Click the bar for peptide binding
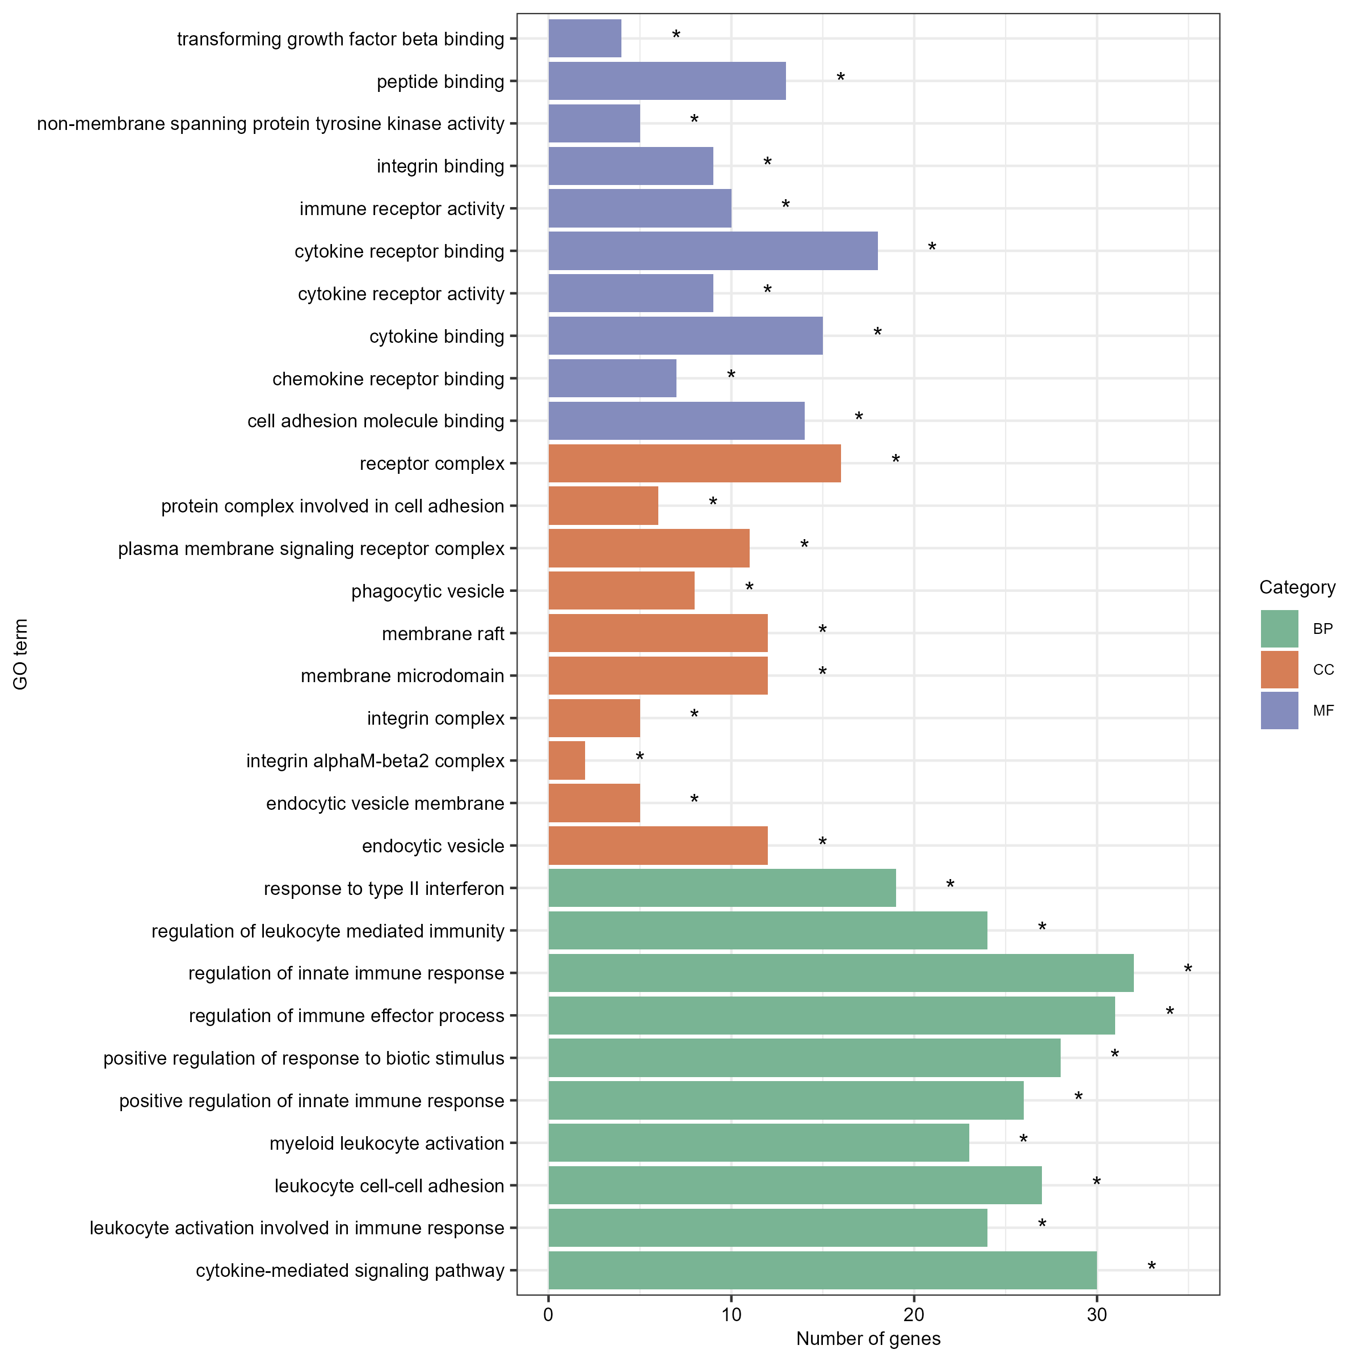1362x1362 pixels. point(667,81)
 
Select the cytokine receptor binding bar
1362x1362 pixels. point(713,251)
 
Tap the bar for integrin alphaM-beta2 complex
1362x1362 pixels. point(567,760)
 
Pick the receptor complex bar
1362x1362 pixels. point(695,463)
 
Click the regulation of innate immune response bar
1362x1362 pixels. point(841,973)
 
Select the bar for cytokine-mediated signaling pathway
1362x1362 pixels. point(823,1271)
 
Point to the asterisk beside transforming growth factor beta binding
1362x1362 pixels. point(676,35)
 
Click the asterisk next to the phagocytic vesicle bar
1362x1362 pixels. point(749,587)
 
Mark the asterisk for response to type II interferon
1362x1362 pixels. point(951,884)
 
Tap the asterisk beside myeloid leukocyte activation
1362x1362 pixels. point(1024,1138)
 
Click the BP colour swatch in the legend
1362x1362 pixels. point(1280,629)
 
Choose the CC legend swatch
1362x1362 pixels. point(1280,670)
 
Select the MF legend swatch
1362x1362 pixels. point(1280,711)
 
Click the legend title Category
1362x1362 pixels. point(1297,587)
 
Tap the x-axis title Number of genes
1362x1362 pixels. point(868,1339)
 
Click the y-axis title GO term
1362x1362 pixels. point(20,654)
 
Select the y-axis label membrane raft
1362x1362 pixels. point(443,634)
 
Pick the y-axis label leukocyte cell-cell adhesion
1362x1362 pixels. point(389,1186)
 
